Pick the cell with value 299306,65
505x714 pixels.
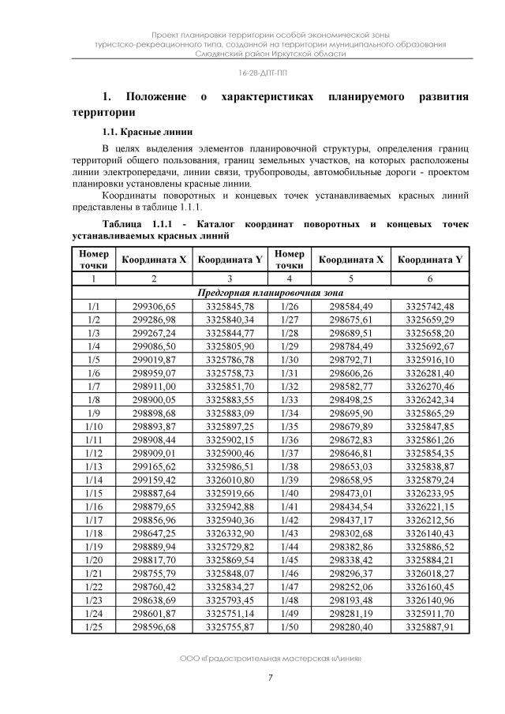pos(155,306)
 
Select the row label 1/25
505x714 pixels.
pos(94,626)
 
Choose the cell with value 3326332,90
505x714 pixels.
pos(230,533)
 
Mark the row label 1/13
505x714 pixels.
pos(94,466)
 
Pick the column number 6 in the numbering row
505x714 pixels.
pos(430,278)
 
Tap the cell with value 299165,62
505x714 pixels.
pos(155,466)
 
